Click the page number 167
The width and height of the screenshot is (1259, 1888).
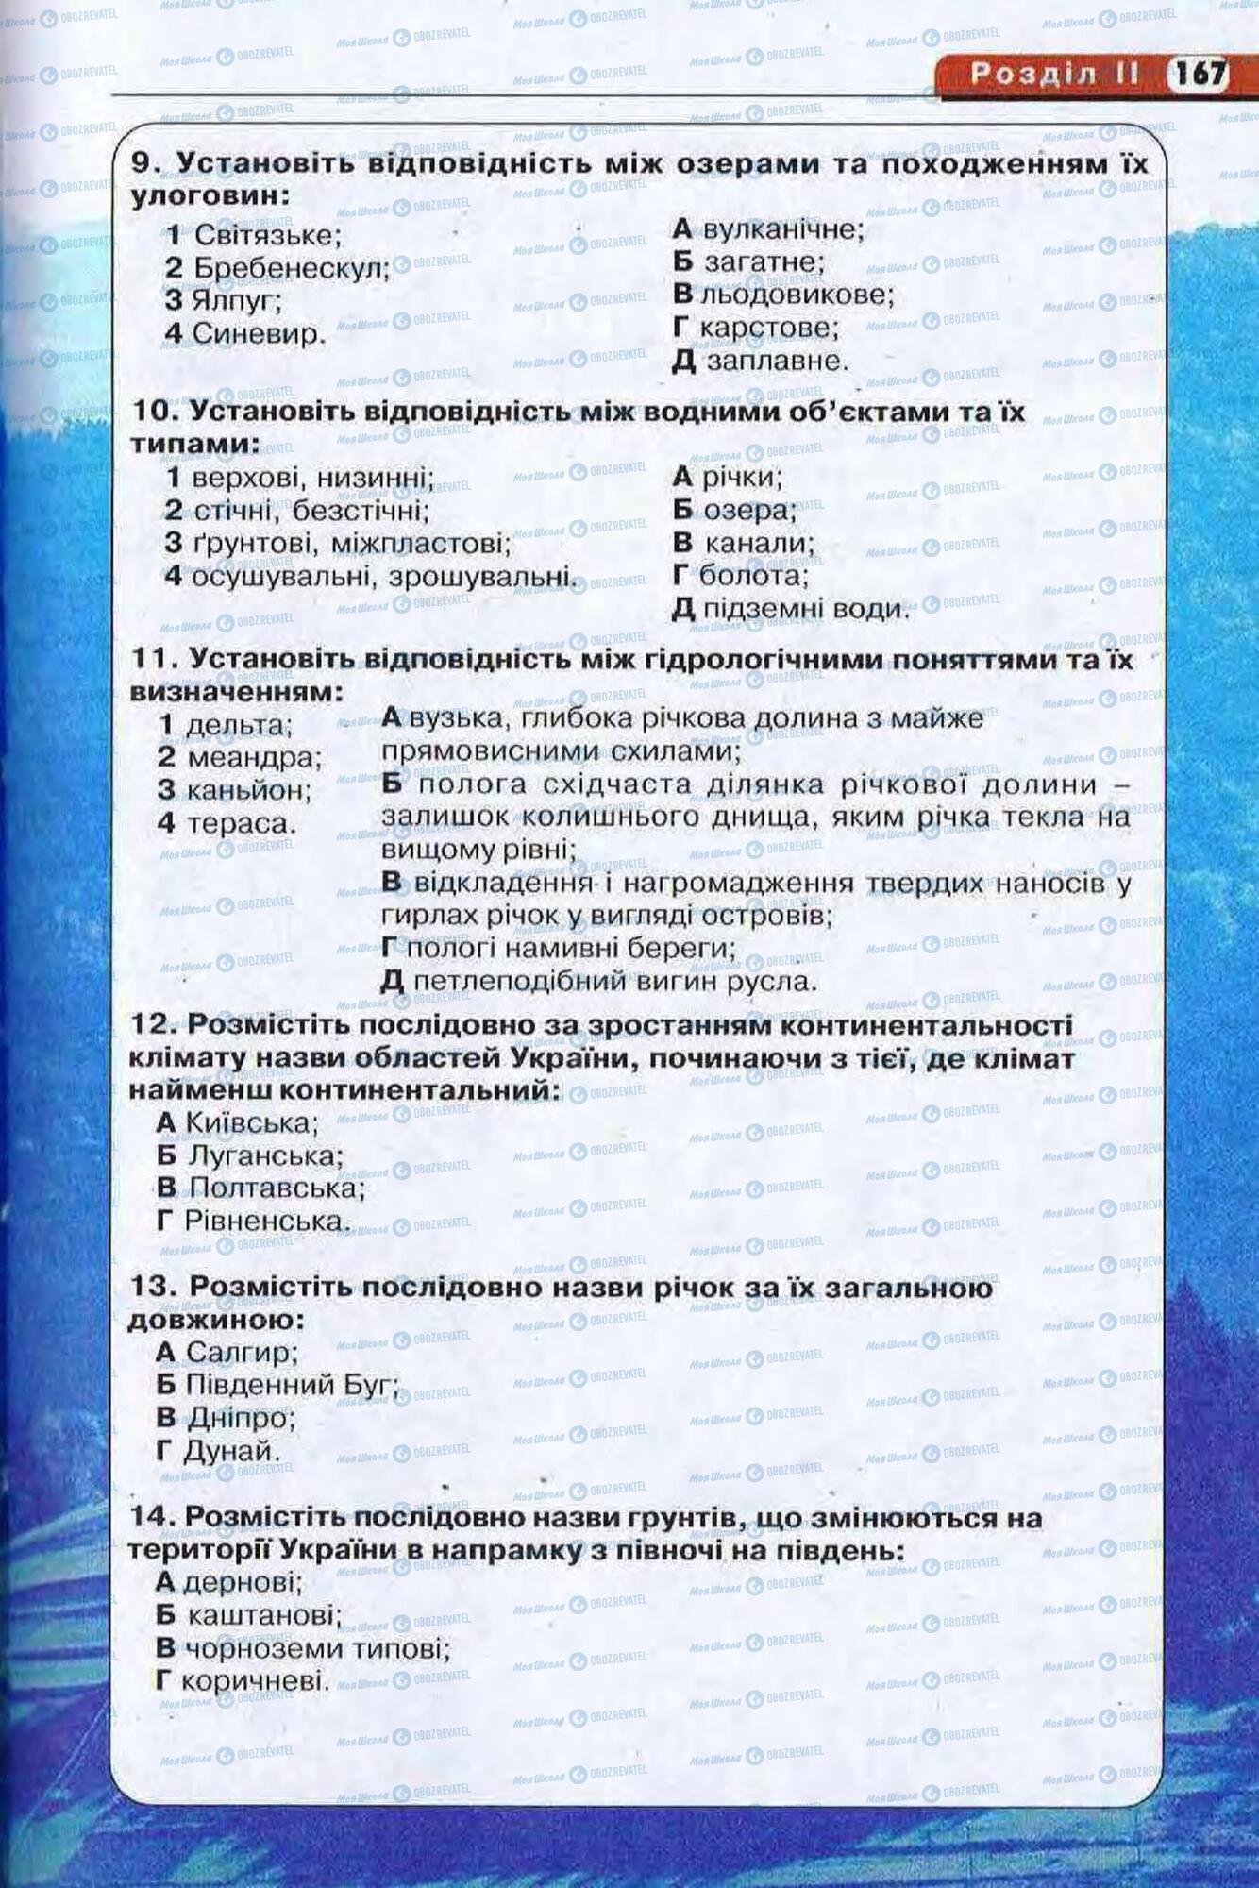(1199, 73)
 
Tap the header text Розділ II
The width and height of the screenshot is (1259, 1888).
(1054, 74)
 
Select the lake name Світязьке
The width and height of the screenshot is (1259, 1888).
(267, 234)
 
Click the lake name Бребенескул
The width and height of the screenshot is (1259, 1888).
(291, 268)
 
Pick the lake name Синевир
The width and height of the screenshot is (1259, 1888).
(259, 333)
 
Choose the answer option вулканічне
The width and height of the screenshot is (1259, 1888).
(782, 228)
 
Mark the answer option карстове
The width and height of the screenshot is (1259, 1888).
(769, 328)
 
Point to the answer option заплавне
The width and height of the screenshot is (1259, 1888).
(777, 361)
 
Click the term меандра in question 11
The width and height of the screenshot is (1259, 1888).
(254, 757)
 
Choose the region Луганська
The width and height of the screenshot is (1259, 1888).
(265, 1155)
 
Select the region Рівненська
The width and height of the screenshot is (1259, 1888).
(267, 1221)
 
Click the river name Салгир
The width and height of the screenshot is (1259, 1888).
(242, 1352)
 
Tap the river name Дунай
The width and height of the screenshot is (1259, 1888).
(231, 1450)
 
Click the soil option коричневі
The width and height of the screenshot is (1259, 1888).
(255, 1680)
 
